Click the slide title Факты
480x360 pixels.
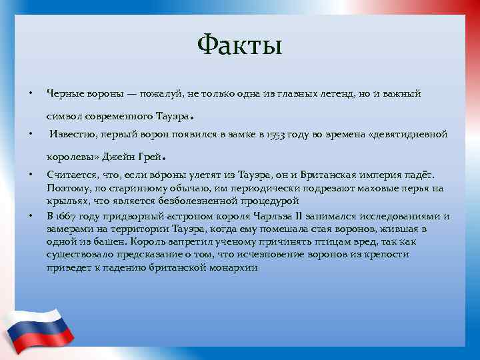(x=240, y=47)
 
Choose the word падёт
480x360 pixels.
(x=419, y=175)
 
